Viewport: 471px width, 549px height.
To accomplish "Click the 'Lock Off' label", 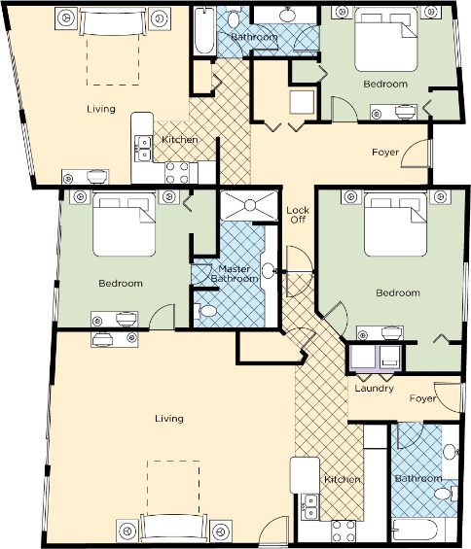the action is pyautogui.click(x=298, y=215).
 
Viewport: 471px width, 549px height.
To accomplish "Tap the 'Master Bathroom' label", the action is pyautogui.click(x=235, y=274).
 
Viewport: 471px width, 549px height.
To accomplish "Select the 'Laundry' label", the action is pyautogui.click(x=374, y=389).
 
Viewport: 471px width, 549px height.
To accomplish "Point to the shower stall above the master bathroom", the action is pyautogui.click(x=249, y=205).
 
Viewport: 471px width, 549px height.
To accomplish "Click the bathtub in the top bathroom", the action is pyautogui.click(x=204, y=30).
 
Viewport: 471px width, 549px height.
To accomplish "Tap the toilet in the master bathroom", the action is pyautogui.click(x=207, y=311).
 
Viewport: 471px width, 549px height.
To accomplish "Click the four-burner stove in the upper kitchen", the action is pyautogui.click(x=177, y=173).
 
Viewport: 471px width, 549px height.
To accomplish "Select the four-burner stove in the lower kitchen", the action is pyautogui.click(x=344, y=532).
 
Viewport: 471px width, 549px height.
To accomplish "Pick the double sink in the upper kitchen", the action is pyautogui.click(x=144, y=149).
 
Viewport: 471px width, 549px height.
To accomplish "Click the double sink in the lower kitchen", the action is pyautogui.click(x=309, y=507).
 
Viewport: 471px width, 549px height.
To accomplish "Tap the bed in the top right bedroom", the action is pyautogui.click(x=386, y=39).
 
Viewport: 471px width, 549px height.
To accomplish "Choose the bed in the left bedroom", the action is pyautogui.click(x=125, y=224).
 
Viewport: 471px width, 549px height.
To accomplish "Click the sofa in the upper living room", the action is pyautogui.click(x=113, y=21).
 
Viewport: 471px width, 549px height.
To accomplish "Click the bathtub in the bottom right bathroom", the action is pyautogui.click(x=416, y=530).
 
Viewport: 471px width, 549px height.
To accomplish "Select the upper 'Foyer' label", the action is pyautogui.click(x=385, y=153).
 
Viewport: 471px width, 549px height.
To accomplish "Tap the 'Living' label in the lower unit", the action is pyautogui.click(x=169, y=419).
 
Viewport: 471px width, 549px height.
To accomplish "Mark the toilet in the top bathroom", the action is pyautogui.click(x=234, y=18).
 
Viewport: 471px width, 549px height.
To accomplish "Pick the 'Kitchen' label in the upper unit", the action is pyautogui.click(x=180, y=140).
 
